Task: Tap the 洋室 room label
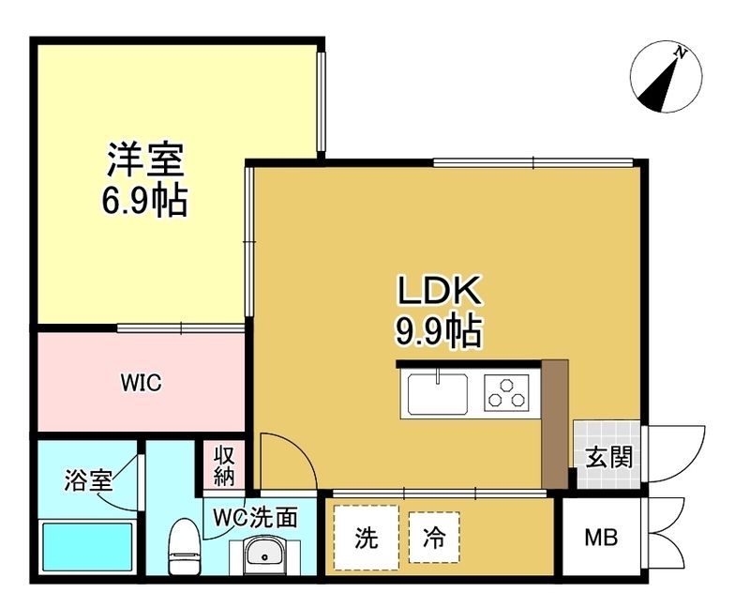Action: point(144,160)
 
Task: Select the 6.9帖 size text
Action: point(144,200)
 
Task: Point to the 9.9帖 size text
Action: point(439,331)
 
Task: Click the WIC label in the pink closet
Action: point(142,383)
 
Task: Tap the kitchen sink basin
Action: point(437,391)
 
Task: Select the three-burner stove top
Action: point(506,391)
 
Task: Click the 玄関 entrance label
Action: point(608,457)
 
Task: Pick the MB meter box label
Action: point(602,539)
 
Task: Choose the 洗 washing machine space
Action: point(367,539)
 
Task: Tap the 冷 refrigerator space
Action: point(434,539)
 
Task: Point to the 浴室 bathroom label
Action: point(88,481)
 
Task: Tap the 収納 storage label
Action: point(223,464)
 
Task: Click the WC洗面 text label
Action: point(255,517)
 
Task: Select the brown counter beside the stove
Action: point(555,422)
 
